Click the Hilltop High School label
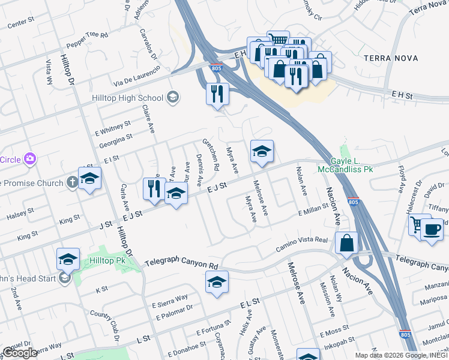(x=127, y=98)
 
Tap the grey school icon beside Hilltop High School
(x=172, y=97)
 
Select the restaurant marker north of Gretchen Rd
(x=217, y=94)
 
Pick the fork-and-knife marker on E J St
(x=154, y=189)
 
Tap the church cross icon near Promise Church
(x=71, y=181)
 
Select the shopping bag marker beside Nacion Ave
(x=348, y=243)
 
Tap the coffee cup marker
(x=432, y=229)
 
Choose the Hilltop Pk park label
(x=107, y=261)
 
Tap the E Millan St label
(x=312, y=207)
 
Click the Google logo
(x=20, y=353)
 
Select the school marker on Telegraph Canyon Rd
(x=217, y=283)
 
